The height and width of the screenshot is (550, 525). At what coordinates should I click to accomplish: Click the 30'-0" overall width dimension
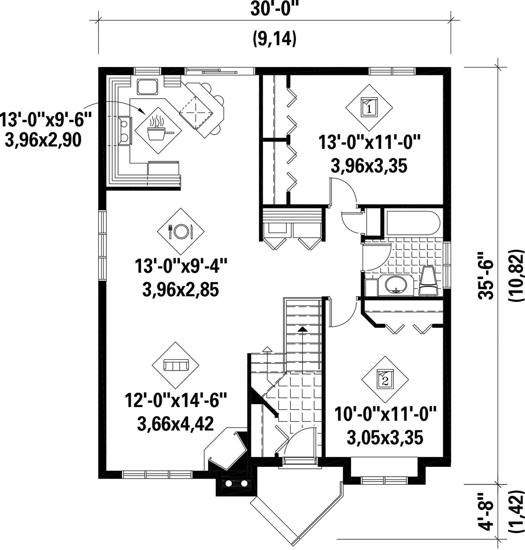pos(274,9)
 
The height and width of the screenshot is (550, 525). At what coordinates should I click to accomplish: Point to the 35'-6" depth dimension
pos(486,275)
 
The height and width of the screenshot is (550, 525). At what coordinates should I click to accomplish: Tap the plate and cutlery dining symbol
pos(181,231)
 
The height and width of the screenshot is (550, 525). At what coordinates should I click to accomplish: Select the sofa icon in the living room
pos(176,365)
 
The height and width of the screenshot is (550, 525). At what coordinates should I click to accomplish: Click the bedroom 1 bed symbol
pos(368,107)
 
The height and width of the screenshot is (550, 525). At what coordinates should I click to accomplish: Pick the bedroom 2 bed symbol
pos(385,379)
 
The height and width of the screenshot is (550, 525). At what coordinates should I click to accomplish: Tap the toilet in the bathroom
pos(428,281)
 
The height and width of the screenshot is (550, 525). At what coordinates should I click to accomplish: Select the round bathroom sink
pos(396,284)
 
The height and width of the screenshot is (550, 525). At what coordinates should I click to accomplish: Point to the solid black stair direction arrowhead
pos(302,329)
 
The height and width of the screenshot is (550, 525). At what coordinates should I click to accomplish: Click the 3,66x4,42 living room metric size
pos(175,424)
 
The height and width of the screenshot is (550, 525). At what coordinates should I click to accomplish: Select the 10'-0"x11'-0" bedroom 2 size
pos(385,414)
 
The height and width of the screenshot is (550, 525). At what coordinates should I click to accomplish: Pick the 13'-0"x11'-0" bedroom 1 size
pos(369,143)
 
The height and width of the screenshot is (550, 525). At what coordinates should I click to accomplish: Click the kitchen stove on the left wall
pos(125,130)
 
